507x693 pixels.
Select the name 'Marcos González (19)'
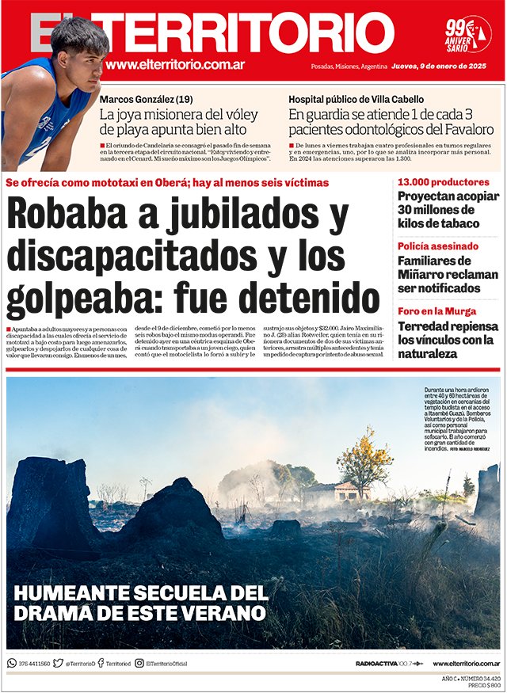click(x=146, y=100)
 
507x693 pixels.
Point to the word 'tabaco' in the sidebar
click(x=467, y=224)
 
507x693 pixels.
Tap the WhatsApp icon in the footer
click(x=12, y=664)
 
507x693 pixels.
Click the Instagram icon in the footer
click(x=139, y=664)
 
